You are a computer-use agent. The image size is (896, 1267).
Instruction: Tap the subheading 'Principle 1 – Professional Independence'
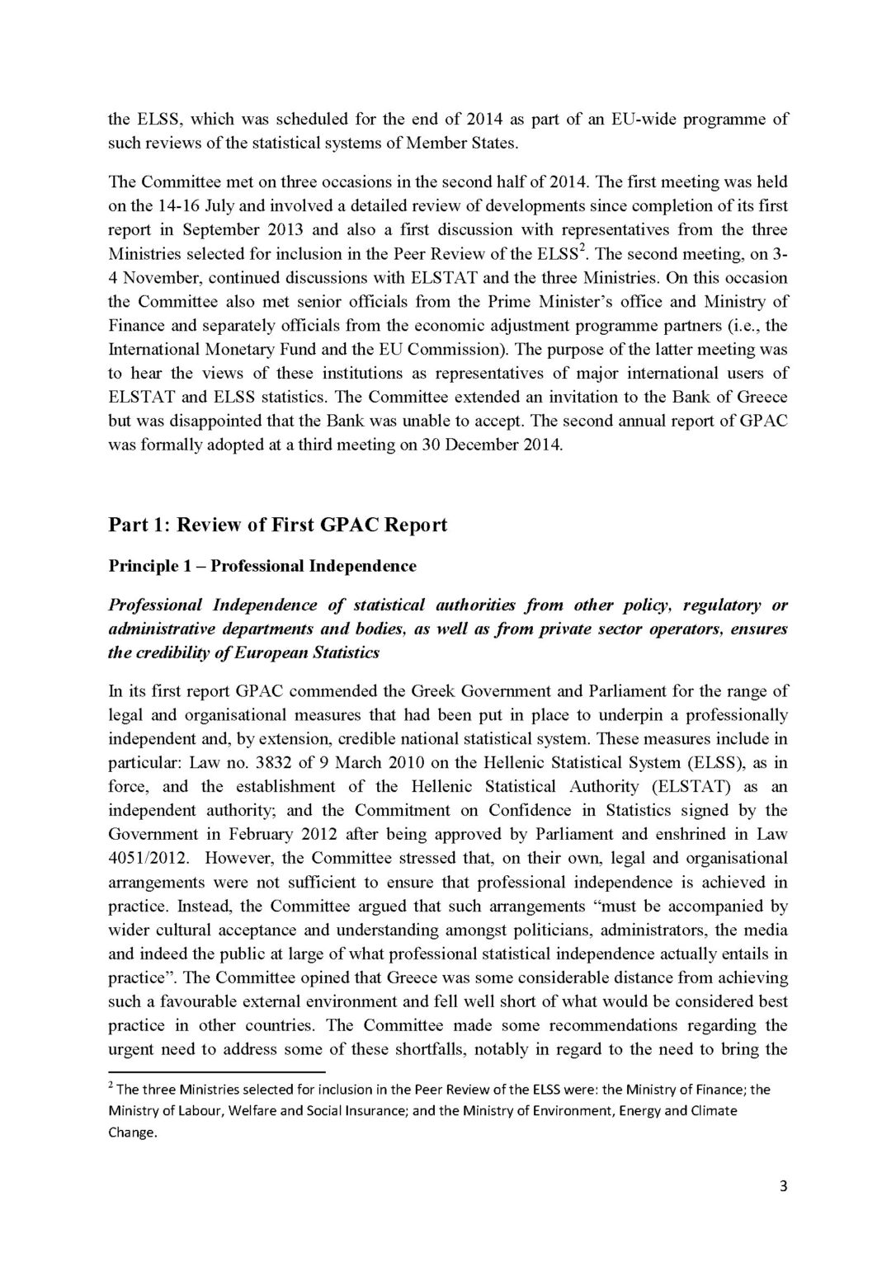pyautogui.click(x=262, y=567)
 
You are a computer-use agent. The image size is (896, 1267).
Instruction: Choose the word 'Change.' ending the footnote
pyautogui.click(x=133, y=1132)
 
